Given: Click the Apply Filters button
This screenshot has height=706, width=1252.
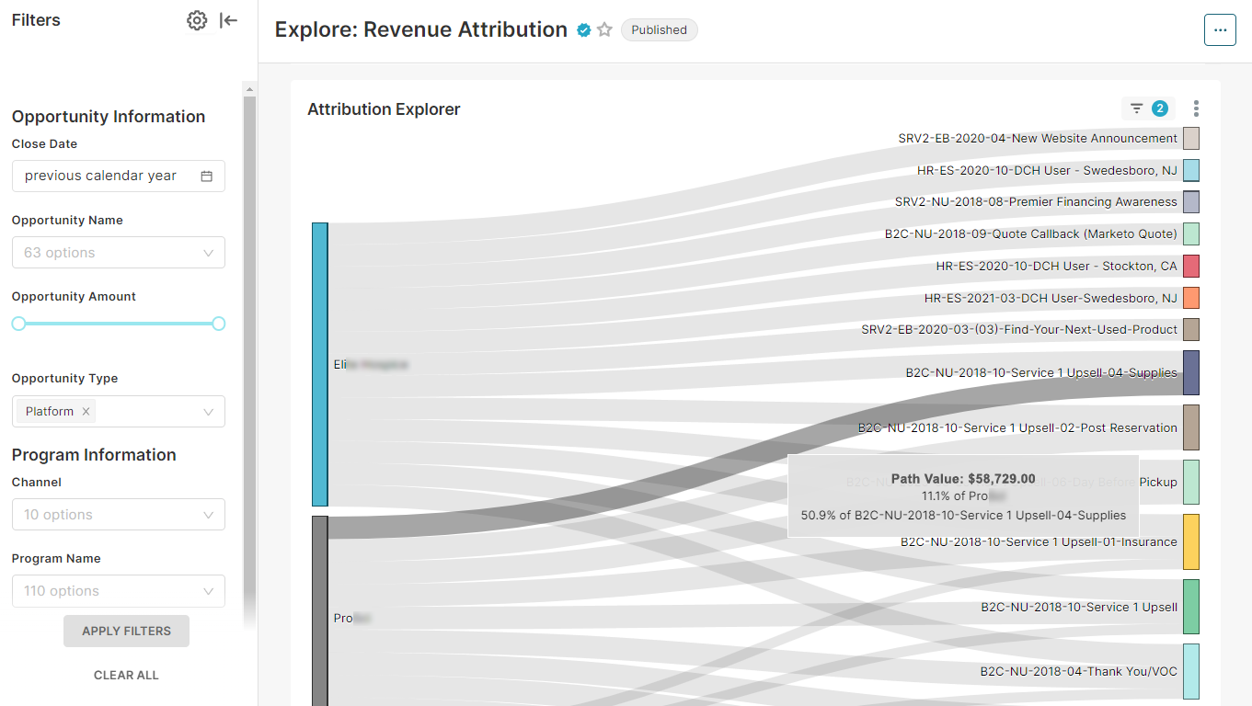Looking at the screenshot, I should click(126, 631).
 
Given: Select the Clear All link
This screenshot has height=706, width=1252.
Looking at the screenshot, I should click(126, 675).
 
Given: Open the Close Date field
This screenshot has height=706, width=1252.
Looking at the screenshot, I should click(118, 176).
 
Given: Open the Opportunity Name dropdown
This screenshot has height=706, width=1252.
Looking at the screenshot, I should click(118, 253).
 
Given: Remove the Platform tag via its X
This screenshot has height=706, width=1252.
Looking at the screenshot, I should click(86, 412).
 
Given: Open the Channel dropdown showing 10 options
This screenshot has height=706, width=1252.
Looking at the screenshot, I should click(118, 515).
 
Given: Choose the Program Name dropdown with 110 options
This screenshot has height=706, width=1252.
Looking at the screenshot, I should click(118, 591).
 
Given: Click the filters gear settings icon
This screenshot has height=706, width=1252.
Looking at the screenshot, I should click(197, 21).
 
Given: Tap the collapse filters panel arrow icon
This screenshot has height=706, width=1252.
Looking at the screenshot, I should click(229, 21).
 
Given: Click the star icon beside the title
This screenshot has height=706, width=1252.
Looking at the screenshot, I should click(604, 30).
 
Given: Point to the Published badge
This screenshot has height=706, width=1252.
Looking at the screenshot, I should click(659, 30).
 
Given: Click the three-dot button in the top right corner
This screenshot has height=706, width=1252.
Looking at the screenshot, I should click(1220, 30).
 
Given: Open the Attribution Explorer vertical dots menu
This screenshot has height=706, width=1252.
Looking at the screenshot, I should click(1196, 108).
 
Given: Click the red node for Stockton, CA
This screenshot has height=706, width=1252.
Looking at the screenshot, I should click(1191, 266).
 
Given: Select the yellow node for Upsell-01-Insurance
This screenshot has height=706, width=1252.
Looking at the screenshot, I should click(1191, 541).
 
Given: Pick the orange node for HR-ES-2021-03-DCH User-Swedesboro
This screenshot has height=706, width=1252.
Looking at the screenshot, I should click(1191, 298).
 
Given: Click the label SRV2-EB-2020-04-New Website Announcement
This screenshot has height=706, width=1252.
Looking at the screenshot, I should click(1038, 139).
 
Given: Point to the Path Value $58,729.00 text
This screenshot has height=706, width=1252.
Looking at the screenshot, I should click(963, 479).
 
